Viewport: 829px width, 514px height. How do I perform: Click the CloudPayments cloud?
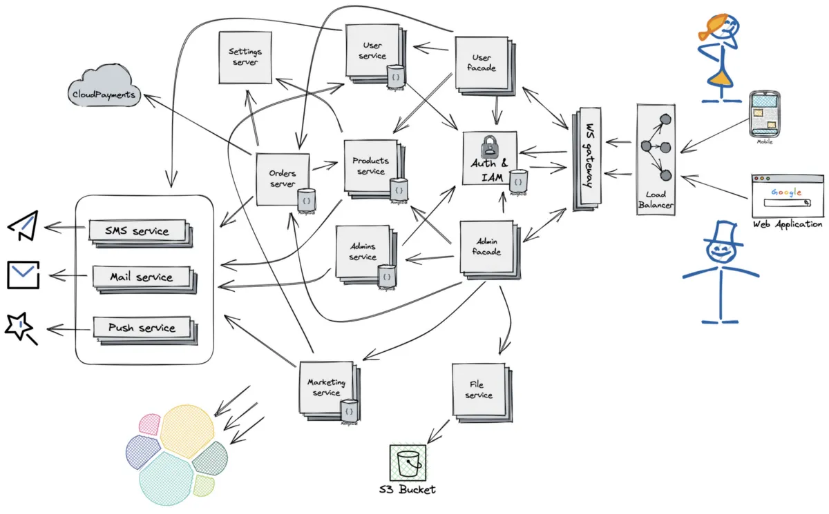click(x=104, y=88)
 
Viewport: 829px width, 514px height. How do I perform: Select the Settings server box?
click(x=244, y=57)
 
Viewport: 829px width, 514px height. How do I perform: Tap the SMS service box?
click(x=137, y=230)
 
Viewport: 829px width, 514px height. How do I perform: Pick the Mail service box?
click(x=141, y=277)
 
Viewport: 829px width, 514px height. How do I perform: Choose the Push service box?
click(x=142, y=327)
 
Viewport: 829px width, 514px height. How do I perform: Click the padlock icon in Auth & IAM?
click(x=489, y=146)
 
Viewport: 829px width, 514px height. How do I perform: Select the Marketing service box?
click(x=326, y=387)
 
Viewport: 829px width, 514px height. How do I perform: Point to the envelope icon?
click(x=23, y=275)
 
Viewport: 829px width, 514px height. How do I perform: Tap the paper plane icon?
click(x=23, y=226)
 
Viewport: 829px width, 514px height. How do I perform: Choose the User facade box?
click(x=481, y=63)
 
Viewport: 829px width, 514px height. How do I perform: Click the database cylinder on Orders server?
click(x=307, y=199)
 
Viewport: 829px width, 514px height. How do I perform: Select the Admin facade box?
click(x=486, y=246)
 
